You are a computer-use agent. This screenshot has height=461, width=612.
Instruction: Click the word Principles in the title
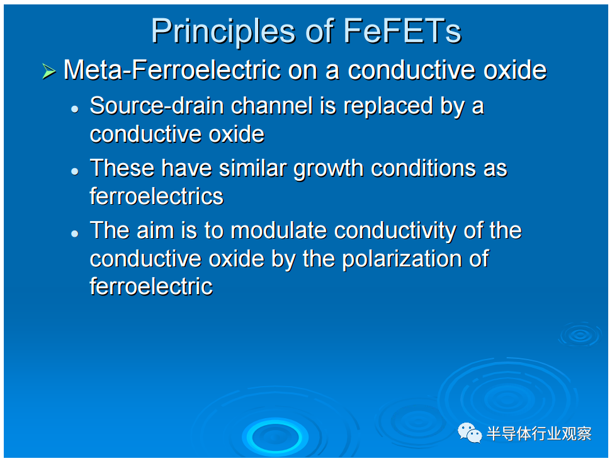point(223,32)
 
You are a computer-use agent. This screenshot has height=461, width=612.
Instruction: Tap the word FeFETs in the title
point(402,31)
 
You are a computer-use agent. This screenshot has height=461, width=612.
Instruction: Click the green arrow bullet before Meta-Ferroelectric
point(48,71)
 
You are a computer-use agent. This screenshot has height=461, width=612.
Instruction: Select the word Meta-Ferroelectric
point(172,70)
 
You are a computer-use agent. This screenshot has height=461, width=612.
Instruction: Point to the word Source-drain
point(157,106)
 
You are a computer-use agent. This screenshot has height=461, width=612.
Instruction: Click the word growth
point(329,169)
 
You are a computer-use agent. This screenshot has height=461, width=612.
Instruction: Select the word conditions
point(423,168)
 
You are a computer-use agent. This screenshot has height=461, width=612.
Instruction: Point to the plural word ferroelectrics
point(157,196)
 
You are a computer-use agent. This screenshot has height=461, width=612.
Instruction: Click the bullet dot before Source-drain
point(75,109)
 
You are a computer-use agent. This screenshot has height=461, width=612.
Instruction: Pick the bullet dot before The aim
point(75,234)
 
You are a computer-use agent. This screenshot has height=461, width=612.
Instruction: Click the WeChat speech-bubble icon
point(470,433)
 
